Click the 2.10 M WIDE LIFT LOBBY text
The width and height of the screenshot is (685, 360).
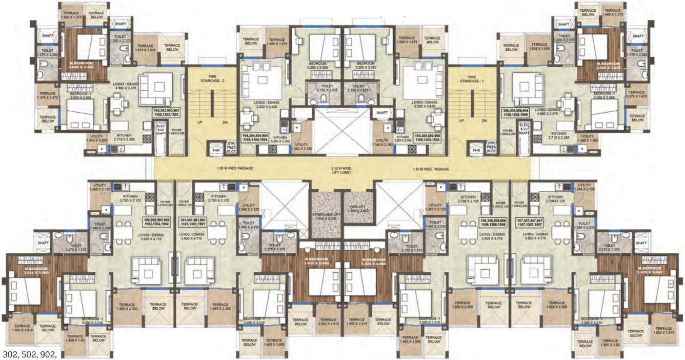tap(340, 171)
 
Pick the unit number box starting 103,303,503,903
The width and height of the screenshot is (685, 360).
tap(166, 113)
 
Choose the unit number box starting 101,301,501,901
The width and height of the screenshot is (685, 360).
tap(193, 222)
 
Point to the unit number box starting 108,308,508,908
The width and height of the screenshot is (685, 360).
tap(493, 222)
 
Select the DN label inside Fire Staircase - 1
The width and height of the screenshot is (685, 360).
tap(484, 122)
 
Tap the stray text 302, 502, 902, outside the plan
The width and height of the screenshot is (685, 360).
tap(29, 354)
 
